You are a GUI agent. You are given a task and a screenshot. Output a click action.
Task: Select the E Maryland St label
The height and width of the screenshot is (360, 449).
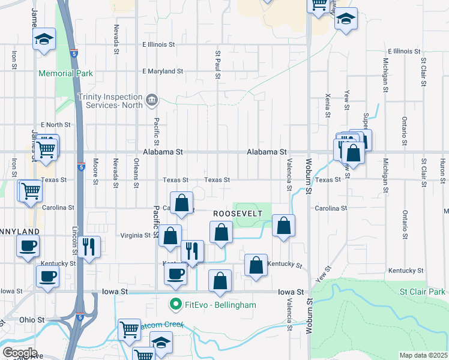163,71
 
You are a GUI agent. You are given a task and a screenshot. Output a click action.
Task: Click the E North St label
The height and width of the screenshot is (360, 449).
55,125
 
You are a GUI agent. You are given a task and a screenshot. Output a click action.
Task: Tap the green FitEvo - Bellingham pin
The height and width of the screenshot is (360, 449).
176,305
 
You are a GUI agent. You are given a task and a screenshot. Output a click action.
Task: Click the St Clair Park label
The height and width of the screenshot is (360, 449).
423,292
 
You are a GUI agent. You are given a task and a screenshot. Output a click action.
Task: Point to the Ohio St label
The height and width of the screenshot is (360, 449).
28,320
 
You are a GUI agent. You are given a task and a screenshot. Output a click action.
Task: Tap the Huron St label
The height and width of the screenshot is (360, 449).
442,168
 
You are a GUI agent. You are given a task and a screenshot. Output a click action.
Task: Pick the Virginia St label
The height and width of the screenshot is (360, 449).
135,235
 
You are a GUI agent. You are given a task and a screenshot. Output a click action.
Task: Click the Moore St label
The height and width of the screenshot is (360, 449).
95,170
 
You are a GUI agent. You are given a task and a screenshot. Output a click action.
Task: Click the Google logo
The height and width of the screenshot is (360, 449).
20,353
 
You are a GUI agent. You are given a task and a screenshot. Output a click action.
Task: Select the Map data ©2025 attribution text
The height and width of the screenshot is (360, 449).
423,355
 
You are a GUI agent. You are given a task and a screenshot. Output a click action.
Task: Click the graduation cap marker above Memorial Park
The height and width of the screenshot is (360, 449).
43,40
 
